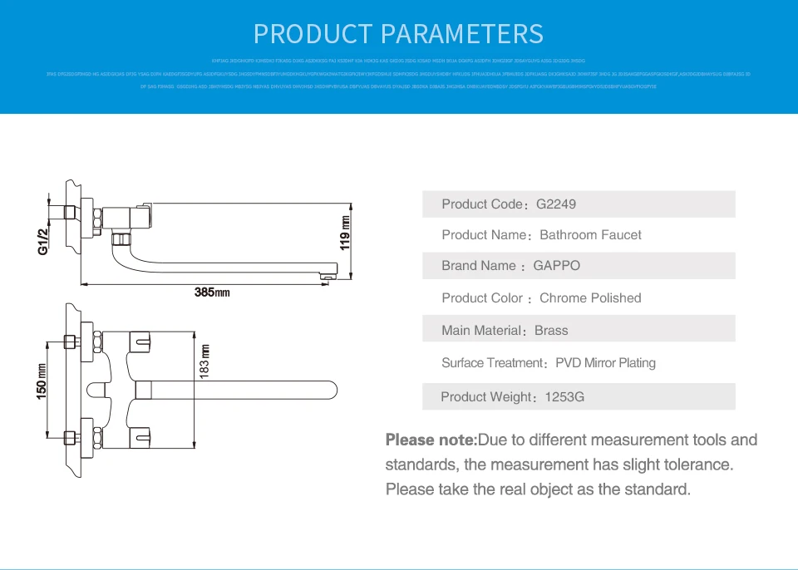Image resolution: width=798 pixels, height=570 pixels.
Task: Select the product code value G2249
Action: tap(556, 204)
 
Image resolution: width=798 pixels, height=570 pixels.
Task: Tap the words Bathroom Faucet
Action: tap(590, 235)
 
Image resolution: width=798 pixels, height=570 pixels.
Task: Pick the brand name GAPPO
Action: tap(557, 266)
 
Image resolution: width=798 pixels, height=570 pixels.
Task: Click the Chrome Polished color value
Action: tap(590, 298)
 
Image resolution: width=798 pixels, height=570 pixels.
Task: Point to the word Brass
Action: tap(551, 331)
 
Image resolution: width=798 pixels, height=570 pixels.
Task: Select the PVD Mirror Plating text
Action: tap(605, 363)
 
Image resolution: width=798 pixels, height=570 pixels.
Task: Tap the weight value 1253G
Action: tap(564, 397)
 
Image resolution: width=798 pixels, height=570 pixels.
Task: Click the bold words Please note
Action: tap(431, 440)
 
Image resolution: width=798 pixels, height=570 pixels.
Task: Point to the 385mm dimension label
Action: tap(211, 292)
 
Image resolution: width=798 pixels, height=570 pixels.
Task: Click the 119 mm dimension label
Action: tap(344, 233)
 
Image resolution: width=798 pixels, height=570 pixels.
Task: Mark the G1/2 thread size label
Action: tap(44, 242)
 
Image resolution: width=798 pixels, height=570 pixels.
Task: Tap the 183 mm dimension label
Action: tap(204, 361)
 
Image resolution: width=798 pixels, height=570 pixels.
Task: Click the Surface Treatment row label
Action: tap(493, 363)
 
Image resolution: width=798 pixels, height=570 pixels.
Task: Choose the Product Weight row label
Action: tap(489, 397)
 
